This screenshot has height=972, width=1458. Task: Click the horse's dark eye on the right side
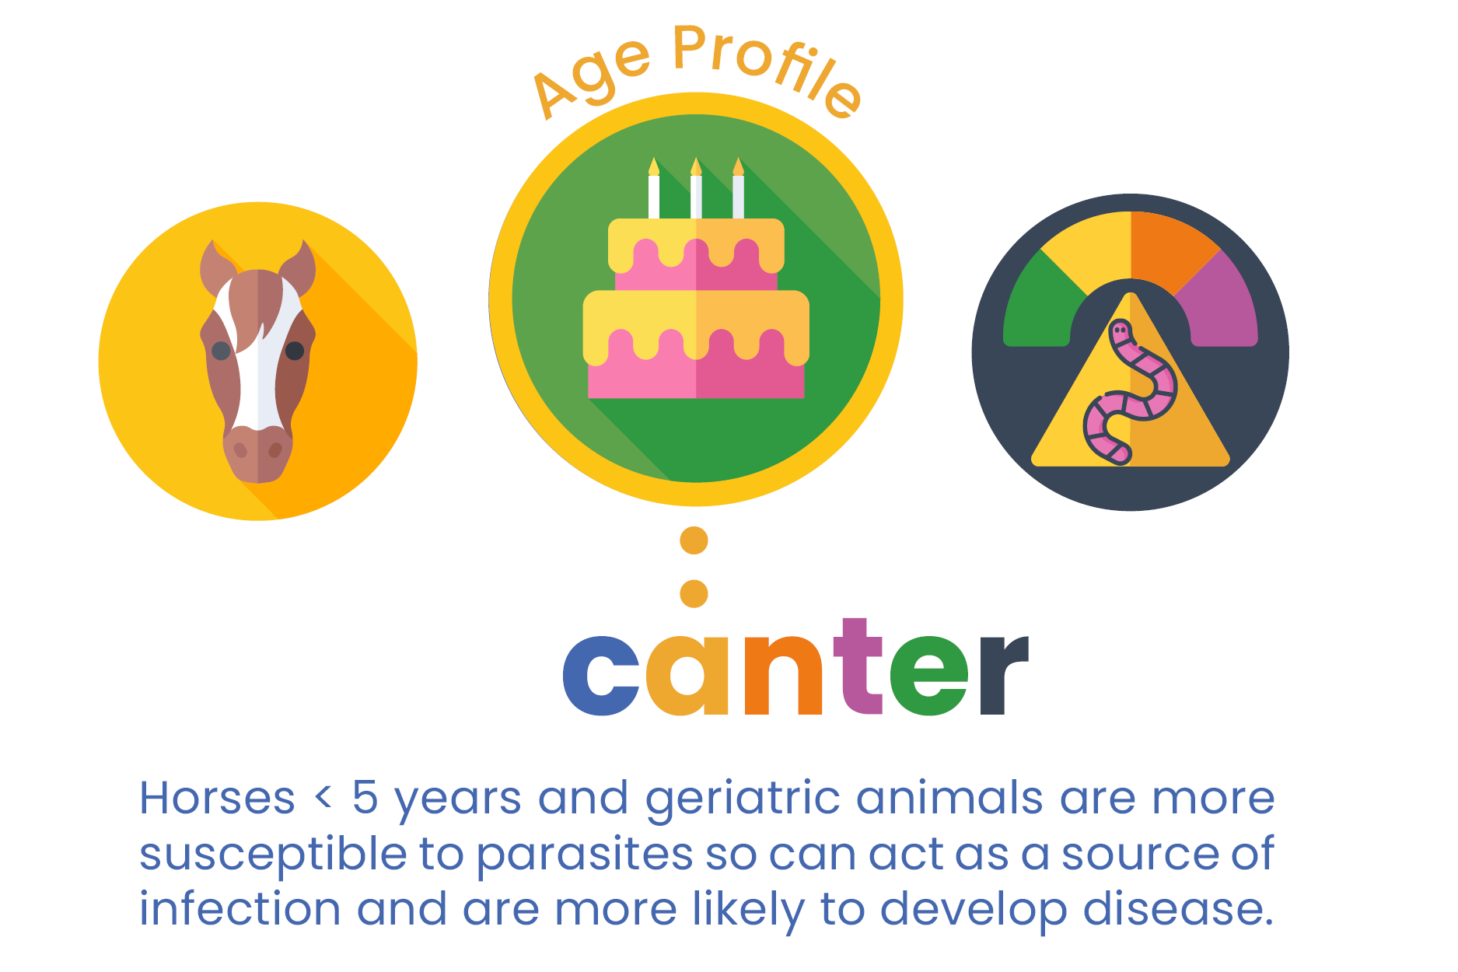click(295, 351)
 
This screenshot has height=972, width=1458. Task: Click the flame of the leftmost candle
click(654, 166)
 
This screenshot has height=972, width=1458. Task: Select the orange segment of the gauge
click(1170, 249)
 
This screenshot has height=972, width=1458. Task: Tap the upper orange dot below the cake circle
click(694, 540)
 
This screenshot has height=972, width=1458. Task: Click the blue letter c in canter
click(601, 675)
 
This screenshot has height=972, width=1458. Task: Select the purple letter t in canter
click(858, 666)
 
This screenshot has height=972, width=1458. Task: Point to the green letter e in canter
click(929, 675)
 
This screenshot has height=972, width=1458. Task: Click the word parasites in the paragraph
click(584, 855)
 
